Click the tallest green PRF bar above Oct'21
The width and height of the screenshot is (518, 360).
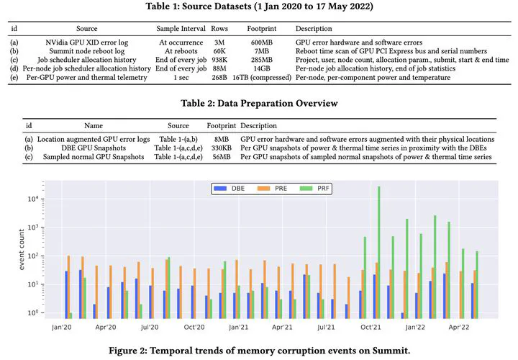pyautogui.click(x=378, y=252)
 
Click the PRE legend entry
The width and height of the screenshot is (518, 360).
pyautogui.click(x=272, y=189)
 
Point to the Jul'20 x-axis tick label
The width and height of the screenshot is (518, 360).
pyautogui.click(x=150, y=328)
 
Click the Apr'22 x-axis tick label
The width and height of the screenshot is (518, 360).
pyautogui.click(x=458, y=328)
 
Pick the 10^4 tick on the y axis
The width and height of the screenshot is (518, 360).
pyautogui.click(x=33, y=199)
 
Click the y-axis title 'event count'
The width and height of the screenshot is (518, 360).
pyautogui.click(x=22, y=250)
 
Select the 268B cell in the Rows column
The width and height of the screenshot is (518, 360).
pyautogui.click(x=219, y=77)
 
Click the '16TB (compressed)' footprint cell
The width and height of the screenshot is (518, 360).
pyautogui.click(x=262, y=77)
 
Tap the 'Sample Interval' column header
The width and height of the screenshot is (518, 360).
pyautogui.click(x=181, y=29)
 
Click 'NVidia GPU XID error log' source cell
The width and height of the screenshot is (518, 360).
pyautogui.click(x=86, y=42)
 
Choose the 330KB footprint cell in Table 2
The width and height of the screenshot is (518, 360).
pyautogui.click(x=222, y=148)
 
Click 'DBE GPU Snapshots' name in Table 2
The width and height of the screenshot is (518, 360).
pyautogui.click(x=94, y=148)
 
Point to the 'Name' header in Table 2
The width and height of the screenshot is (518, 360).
pyautogui.click(x=94, y=125)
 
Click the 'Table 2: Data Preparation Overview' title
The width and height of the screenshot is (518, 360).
pyautogui.click(x=259, y=103)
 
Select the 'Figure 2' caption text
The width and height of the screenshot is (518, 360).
pyautogui.click(x=259, y=351)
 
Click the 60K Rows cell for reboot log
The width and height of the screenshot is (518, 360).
pyautogui.click(x=219, y=51)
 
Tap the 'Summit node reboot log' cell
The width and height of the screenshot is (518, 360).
pyautogui.click(x=87, y=51)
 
